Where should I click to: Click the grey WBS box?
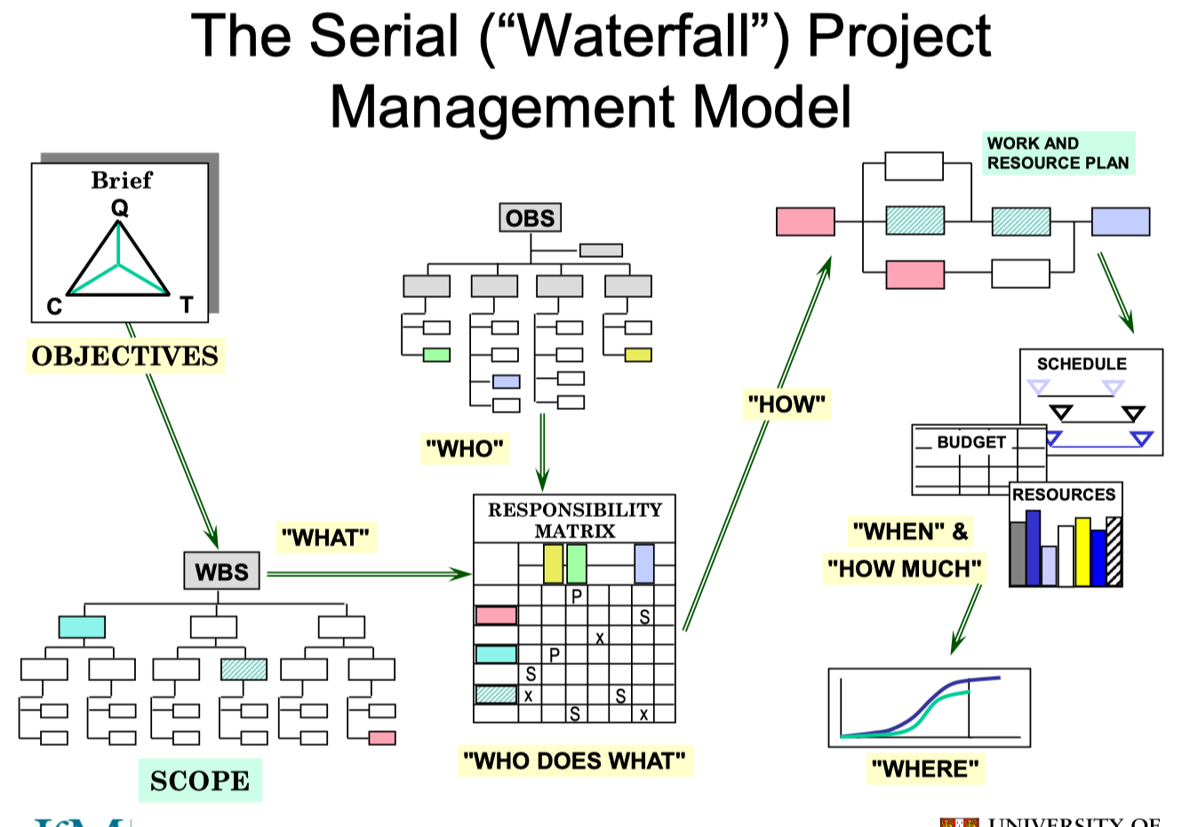(221, 571)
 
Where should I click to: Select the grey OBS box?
(530, 218)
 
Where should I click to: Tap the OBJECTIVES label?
(124, 356)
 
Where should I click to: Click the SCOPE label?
(200, 781)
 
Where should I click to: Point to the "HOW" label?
(787, 405)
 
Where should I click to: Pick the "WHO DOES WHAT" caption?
(575, 760)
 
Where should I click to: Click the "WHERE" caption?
(925, 768)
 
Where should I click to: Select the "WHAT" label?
(325, 537)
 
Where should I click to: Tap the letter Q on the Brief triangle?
(119, 208)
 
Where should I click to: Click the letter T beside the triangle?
(186, 306)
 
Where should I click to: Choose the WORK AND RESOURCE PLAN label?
(1058, 153)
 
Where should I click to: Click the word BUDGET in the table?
(971, 442)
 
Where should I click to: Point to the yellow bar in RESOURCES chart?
(1082, 551)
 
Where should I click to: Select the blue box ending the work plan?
(1120, 221)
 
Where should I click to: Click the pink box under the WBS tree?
(382, 738)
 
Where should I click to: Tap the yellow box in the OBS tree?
(637, 355)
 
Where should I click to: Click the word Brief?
(122, 181)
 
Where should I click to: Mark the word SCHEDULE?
(1082, 364)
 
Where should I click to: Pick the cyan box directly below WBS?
(82, 627)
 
